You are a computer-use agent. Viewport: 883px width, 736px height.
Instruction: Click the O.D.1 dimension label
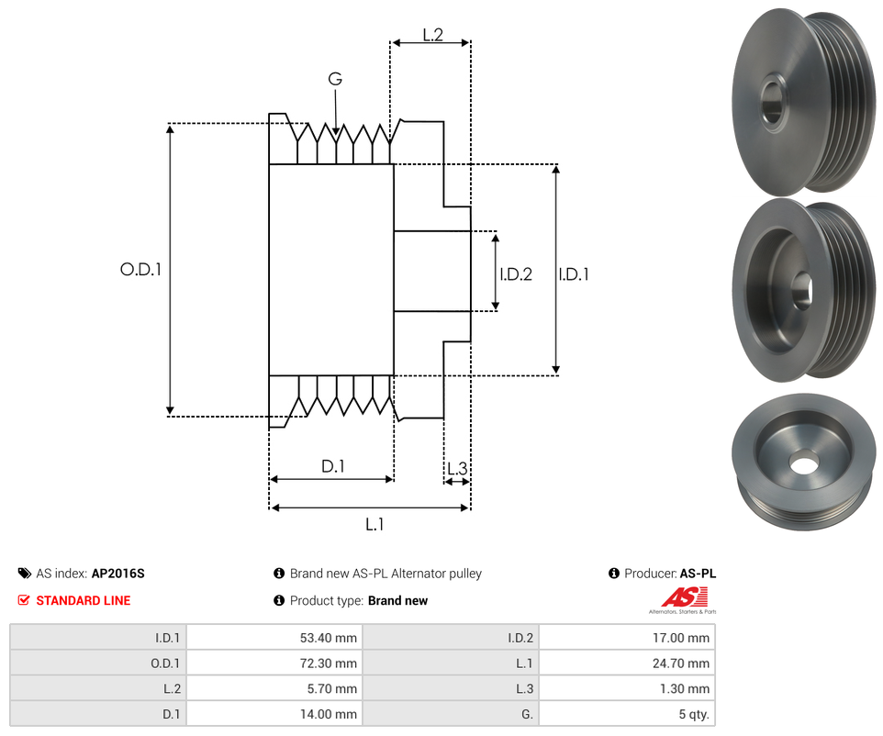tap(140, 270)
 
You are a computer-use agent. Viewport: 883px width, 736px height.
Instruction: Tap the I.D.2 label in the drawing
tap(516, 273)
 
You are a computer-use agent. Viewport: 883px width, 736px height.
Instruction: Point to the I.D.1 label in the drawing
tap(574, 273)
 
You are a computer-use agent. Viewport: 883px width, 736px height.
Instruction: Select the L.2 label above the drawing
tap(433, 35)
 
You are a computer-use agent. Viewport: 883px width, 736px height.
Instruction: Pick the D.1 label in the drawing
tap(332, 466)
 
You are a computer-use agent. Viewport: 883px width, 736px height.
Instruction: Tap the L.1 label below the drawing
tap(374, 525)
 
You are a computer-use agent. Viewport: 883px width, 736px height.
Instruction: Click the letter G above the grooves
tap(335, 80)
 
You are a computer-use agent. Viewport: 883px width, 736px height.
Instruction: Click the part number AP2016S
tap(117, 574)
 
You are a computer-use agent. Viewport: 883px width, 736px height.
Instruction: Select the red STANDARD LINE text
tap(83, 601)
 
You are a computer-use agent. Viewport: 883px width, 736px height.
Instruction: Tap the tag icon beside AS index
tap(24, 574)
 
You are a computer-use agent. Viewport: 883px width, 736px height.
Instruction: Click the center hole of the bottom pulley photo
tap(804, 464)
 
